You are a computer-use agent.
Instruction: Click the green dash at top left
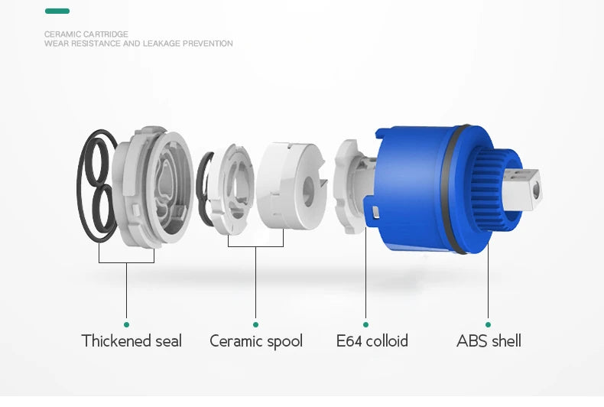point(57,11)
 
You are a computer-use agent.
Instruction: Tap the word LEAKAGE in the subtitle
point(161,44)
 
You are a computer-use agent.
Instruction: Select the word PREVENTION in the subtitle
point(208,44)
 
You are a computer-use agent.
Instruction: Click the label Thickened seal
point(132,341)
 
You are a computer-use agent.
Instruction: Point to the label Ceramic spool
point(256,341)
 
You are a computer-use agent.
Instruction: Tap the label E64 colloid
point(372,341)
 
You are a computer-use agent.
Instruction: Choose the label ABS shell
point(489,341)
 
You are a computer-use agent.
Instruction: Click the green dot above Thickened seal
point(126,324)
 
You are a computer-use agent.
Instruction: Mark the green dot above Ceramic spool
point(256,324)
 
